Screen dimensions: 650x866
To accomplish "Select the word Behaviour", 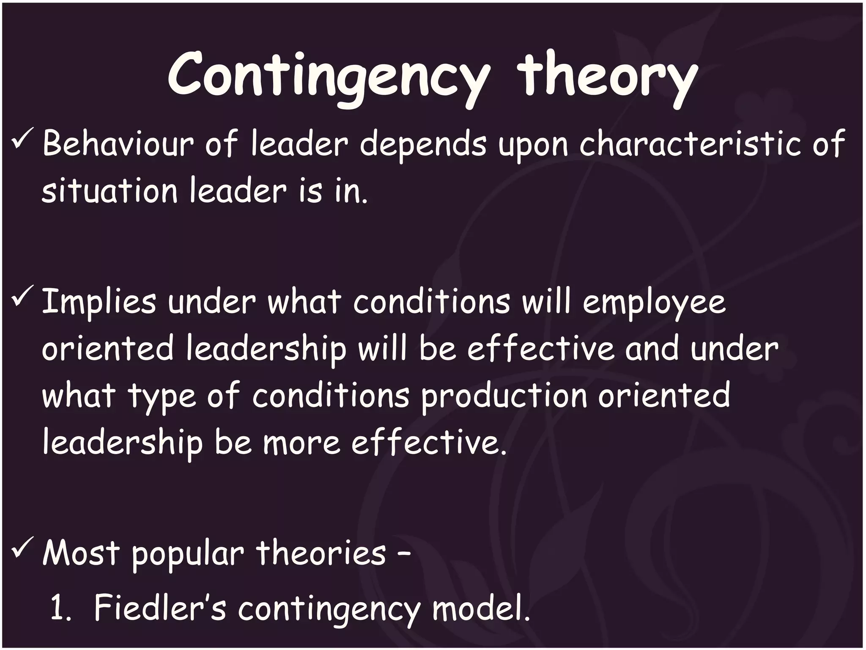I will (x=118, y=144).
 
